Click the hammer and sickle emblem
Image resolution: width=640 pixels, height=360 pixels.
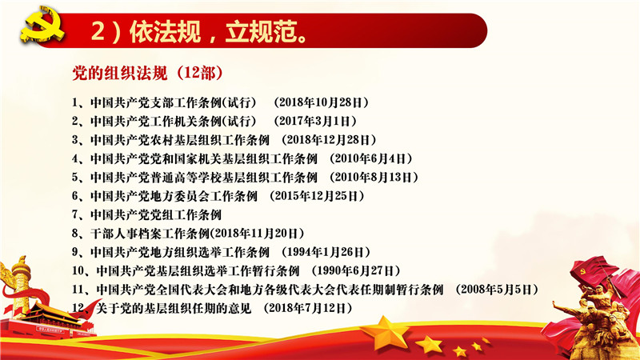coord(42,26)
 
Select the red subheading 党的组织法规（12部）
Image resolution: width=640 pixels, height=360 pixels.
coord(147,74)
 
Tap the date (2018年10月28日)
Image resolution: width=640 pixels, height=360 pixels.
coord(322,102)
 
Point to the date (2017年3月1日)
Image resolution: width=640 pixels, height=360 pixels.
coord(315,121)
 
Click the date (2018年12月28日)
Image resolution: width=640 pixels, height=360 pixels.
coord(329,139)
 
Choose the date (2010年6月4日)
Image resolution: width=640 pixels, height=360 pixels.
coord(370,158)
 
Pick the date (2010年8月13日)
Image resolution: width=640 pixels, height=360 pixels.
coord(374,177)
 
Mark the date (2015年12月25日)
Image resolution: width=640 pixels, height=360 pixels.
coord(317,196)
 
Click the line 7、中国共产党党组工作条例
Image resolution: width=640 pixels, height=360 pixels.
coord(147,214)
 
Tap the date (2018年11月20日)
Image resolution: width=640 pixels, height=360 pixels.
coord(257,234)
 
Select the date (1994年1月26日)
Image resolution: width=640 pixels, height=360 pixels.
coord(326,252)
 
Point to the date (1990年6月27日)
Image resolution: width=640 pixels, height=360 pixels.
coord(355,270)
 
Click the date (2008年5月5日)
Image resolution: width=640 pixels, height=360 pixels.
coord(497,290)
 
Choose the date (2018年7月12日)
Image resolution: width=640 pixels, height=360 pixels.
coord(308,308)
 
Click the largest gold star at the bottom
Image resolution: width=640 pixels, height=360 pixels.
coord(384,332)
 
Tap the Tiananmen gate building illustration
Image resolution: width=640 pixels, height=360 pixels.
coord(48,321)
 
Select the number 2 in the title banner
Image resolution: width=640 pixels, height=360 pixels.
coord(98,31)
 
